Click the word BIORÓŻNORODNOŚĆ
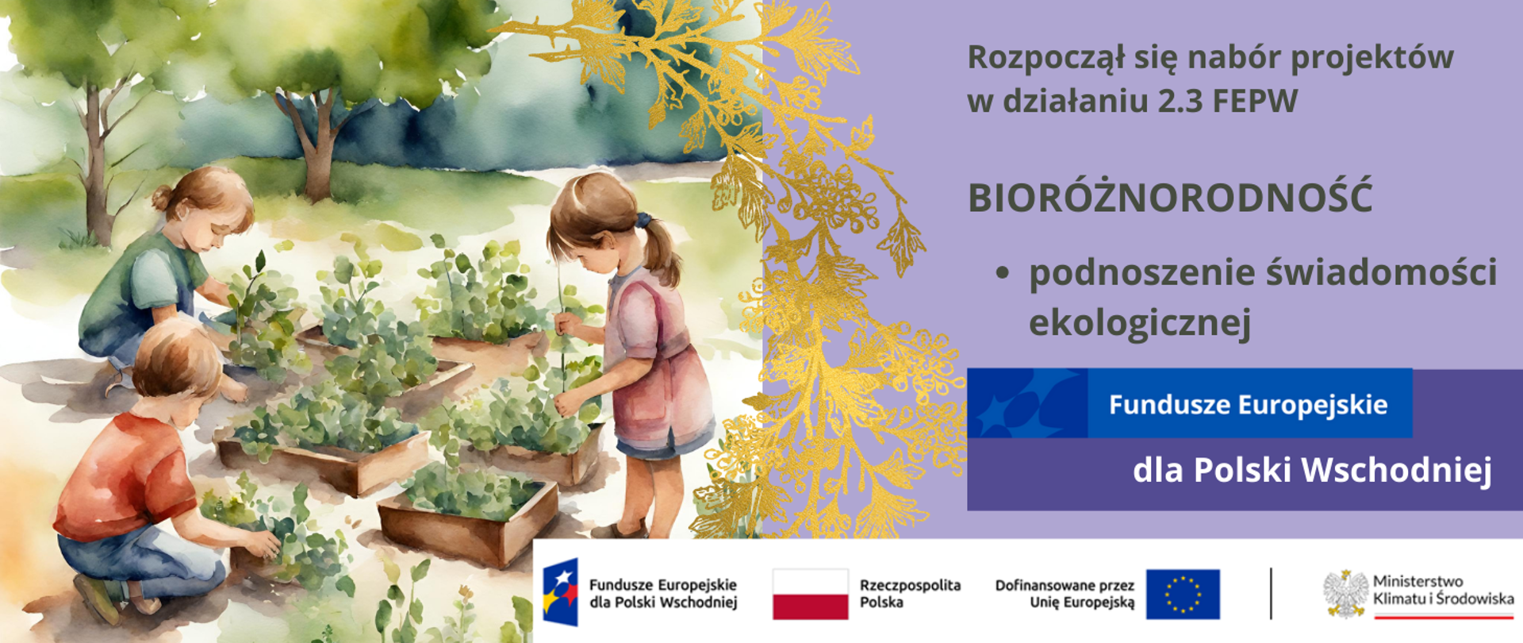click(x=1169, y=198)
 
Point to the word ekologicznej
click(x=1140, y=323)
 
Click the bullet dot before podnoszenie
click(x=1003, y=273)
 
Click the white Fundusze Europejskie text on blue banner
click(x=1248, y=405)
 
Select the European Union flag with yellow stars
click(x=1183, y=594)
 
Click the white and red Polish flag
click(x=810, y=594)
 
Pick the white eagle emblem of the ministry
click(x=1345, y=593)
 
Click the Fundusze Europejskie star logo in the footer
click(x=560, y=592)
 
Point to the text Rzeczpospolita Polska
click(x=910, y=594)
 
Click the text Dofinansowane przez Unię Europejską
click(x=1065, y=594)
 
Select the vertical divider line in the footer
click(x=1271, y=593)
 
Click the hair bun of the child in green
click(x=162, y=196)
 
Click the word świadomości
click(x=1381, y=273)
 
